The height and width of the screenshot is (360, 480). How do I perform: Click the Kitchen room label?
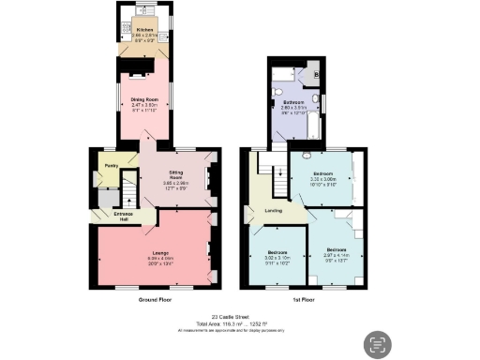click(x=143, y=30)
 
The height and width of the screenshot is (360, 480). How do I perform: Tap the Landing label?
click(x=274, y=209)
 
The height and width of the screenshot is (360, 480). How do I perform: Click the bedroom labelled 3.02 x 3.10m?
click(x=277, y=253)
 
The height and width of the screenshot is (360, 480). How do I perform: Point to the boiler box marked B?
click(x=316, y=73)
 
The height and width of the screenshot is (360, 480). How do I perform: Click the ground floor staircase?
click(x=128, y=192)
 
